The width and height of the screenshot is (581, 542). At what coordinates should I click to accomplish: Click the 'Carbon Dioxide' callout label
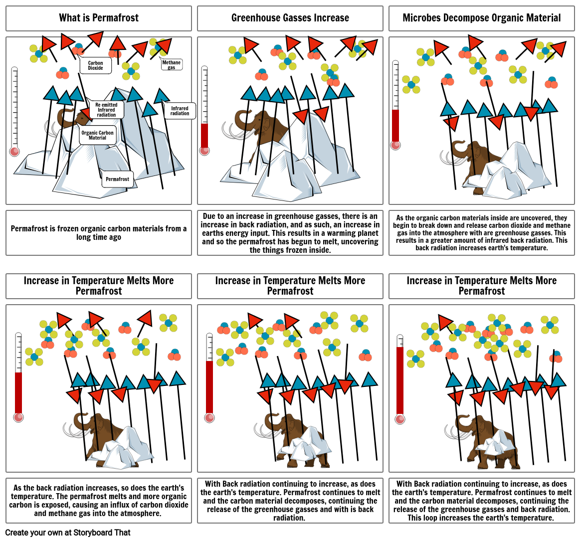point(96,66)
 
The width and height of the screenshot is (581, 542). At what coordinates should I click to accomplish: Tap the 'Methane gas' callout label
point(172,64)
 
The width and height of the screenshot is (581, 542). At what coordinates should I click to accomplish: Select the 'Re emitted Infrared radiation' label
point(106,110)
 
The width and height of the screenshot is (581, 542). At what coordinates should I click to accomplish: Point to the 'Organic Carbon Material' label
point(97,135)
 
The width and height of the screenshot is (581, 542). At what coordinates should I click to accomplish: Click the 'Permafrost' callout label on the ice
point(118,180)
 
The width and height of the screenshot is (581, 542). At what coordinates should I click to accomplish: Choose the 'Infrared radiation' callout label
point(180,111)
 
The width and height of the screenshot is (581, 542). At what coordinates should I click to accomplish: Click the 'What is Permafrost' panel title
point(99,18)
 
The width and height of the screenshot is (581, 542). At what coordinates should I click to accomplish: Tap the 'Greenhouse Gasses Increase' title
point(290,18)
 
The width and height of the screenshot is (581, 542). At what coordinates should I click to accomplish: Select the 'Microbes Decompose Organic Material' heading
point(482,18)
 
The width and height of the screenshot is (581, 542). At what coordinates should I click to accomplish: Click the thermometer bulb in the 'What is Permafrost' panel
point(14,152)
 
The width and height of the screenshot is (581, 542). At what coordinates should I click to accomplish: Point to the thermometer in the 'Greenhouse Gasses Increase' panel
point(204,110)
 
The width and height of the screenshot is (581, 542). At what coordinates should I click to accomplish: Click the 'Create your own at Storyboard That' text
point(68,533)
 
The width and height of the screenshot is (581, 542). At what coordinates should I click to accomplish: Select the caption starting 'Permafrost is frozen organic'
point(99,233)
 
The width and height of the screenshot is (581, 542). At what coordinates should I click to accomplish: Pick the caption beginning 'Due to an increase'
point(290,233)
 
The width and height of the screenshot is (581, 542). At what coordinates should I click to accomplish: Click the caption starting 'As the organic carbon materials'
point(482,233)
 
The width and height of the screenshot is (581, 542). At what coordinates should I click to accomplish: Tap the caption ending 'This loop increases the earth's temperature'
point(482,501)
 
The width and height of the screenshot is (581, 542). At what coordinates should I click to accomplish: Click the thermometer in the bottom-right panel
point(400,379)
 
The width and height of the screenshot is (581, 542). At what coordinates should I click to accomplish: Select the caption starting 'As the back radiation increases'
point(99,501)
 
